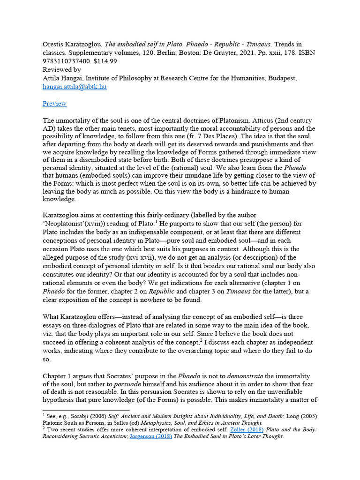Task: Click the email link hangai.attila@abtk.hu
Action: [75, 87]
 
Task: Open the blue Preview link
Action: [54, 104]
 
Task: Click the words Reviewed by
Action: [61, 70]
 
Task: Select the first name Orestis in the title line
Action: [55, 45]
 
